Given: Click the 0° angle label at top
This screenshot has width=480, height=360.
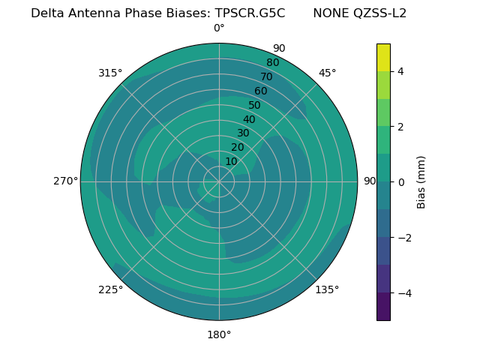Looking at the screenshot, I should point(219,28).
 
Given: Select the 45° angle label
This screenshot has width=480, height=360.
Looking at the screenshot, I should point(327,73).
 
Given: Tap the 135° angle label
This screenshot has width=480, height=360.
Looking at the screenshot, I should point(327,289).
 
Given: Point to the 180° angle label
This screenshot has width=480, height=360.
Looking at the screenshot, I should point(219,334).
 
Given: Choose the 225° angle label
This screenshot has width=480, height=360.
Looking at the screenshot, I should point(110,289).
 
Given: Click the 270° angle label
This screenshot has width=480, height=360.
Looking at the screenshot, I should point(65,181).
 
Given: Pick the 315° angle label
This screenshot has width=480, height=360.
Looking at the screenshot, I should point(110,73).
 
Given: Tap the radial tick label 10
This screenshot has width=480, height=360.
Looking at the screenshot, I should point(231,161).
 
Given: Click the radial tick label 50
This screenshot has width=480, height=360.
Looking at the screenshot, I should point(254,106).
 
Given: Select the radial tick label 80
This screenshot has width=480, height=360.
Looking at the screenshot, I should point(272,63).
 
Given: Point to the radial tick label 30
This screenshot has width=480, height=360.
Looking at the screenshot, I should point(243,133).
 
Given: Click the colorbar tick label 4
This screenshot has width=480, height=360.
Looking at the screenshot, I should point(400,71).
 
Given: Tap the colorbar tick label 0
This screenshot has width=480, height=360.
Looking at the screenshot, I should point(400,181).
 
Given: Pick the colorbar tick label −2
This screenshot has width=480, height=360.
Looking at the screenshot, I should point(403,237).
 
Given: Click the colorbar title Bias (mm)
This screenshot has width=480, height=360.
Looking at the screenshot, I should point(421,181).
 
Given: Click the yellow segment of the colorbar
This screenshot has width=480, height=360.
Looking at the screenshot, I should point(383,57).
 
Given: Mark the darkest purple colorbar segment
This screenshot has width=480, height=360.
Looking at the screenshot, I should point(383,307).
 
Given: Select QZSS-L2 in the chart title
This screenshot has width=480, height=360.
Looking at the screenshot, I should point(379,13).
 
